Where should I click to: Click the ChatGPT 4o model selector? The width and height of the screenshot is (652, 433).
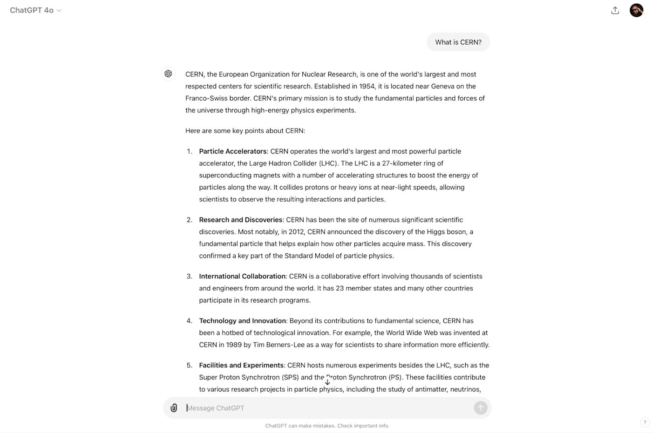35,10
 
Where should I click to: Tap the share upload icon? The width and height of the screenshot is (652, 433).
615,10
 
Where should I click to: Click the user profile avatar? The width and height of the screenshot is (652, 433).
636,10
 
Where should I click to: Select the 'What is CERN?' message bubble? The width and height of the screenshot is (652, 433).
458,42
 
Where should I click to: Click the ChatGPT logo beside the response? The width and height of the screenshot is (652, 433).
168,74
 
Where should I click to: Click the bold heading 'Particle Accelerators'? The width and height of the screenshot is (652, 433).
233,151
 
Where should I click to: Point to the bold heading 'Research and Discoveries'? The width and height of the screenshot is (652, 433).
241,220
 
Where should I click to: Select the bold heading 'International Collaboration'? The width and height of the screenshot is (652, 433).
242,276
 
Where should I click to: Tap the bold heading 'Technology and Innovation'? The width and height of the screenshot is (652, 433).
243,321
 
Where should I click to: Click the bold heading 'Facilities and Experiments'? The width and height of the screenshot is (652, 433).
241,365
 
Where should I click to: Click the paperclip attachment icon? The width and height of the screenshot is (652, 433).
174,408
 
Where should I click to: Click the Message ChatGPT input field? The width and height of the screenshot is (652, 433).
326,408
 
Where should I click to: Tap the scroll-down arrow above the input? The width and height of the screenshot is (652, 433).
327,382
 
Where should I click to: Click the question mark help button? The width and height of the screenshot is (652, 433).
645,422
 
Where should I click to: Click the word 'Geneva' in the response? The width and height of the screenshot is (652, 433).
442,86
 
